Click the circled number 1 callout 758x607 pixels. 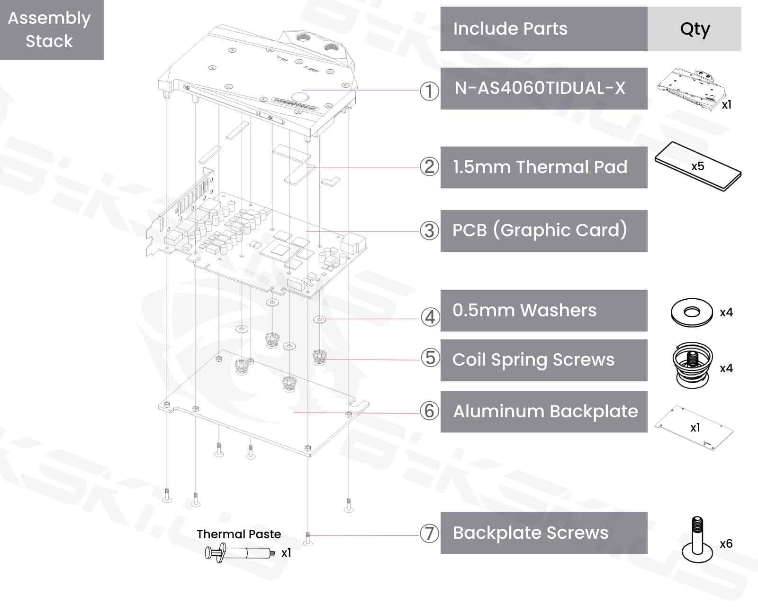(429, 91)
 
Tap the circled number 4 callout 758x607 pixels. (430, 317)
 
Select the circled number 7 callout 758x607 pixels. (429, 533)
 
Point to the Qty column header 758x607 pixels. (694, 29)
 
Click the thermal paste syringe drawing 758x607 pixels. (240, 553)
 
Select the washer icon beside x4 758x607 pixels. (692, 313)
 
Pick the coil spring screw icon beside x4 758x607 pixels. (693, 366)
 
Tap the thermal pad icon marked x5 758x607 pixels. (698, 166)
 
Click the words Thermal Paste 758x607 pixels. (239, 534)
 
